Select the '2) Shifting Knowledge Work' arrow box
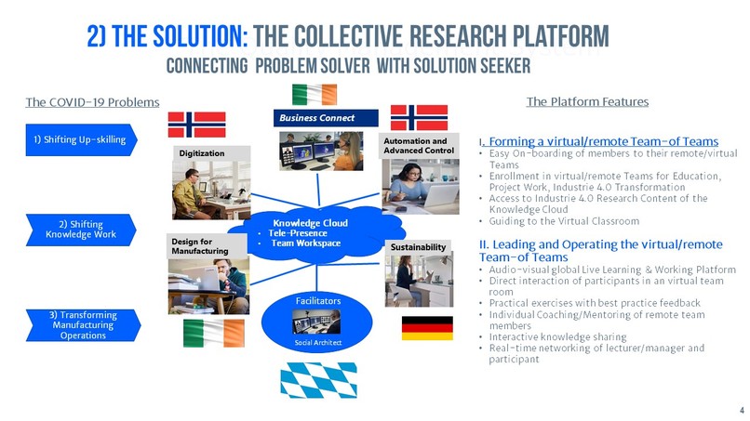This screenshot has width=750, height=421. click(83, 229)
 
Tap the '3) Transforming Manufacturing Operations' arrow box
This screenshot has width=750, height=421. click(83, 324)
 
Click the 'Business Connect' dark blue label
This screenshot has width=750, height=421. click(326, 118)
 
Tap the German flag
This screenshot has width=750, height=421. click(427, 328)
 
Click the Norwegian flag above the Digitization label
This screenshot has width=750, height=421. click(196, 124)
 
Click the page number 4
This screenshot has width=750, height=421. click(741, 410)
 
